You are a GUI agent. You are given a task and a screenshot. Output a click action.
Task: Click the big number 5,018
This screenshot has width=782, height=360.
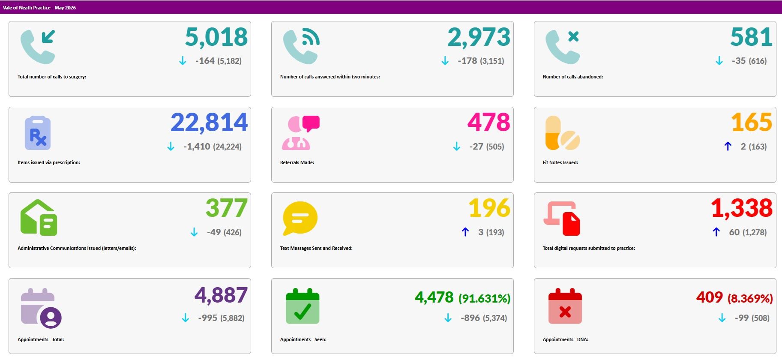pyautogui.click(x=216, y=37)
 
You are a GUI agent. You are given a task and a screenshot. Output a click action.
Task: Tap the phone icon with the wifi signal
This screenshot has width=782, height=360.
pyautogui.click(x=301, y=47)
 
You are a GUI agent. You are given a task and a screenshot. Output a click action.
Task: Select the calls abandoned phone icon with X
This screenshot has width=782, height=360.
pyautogui.click(x=563, y=47)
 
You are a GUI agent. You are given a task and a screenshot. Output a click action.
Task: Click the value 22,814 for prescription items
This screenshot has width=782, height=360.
pyautogui.click(x=209, y=123)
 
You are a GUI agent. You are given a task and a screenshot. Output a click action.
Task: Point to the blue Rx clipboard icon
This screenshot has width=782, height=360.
pyautogui.click(x=38, y=133)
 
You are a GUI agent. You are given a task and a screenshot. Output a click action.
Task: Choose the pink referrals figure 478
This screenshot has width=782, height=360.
pyautogui.click(x=489, y=123)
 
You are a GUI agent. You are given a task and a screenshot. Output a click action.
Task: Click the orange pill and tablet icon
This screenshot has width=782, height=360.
pyautogui.click(x=563, y=133)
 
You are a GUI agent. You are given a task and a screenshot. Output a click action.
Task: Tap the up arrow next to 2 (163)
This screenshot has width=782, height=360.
pyautogui.click(x=728, y=147)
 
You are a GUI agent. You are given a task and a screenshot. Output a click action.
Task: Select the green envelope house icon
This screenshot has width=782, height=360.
pyautogui.click(x=39, y=218)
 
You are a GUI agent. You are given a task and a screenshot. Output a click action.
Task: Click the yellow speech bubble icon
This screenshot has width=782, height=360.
pyautogui.click(x=300, y=218)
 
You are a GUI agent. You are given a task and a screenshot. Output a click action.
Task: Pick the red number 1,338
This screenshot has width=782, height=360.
pyautogui.click(x=742, y=208)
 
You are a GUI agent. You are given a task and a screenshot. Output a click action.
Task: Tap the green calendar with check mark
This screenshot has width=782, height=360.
pyautogui.click(x=303, y=306)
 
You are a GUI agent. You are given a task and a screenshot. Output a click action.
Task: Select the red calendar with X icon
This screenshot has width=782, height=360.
pyautogui.click(x=565, y=306)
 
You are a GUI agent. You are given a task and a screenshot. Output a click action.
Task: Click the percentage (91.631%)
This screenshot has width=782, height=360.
pyautogui.click(x=485, y=298)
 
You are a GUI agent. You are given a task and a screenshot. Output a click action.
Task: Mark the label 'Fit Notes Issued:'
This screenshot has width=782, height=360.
pyautogui.click(x=560, y=162)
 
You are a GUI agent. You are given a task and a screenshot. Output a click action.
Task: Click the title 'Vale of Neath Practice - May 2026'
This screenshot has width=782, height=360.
pyautogui.click(x=39, y=8)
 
